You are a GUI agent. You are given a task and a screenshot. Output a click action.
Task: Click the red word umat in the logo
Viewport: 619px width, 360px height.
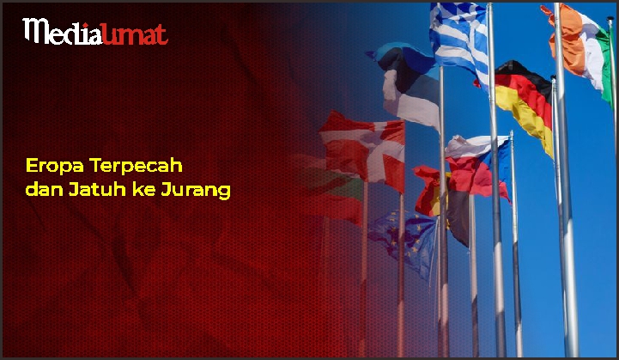[135, 34]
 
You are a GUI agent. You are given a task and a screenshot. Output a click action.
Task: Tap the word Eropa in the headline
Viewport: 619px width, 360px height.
[55, 166]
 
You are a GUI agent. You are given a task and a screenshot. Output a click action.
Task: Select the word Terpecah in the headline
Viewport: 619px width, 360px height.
[137, 166]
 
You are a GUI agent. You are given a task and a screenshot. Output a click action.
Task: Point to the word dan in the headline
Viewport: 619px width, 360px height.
[45, 189]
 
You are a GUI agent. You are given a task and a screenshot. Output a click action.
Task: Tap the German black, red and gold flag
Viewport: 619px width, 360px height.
[523, 104]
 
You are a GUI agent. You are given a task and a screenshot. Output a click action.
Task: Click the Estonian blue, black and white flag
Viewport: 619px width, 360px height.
[407, 83]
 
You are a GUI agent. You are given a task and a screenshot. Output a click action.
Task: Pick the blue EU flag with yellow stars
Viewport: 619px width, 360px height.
[404, 241]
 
